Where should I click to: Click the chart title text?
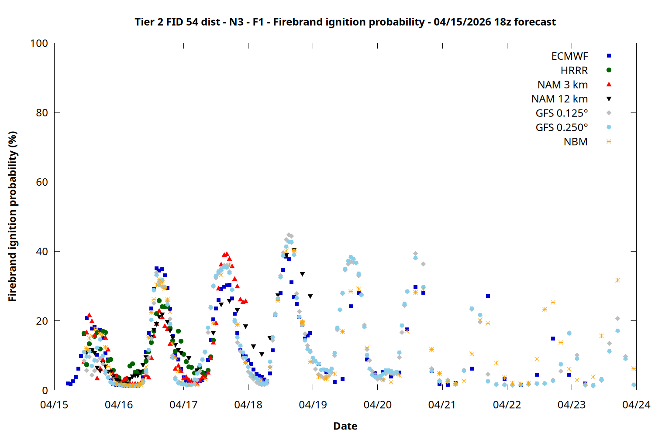click(345, 22)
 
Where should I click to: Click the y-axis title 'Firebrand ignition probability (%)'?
click(13, 216)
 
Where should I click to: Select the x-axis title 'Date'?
click(345, 426)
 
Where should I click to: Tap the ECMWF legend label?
click(569, 56)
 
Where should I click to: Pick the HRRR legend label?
click(574, 71)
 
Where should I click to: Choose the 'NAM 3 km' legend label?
click(562, 85)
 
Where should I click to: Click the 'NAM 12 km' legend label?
click(559, 99)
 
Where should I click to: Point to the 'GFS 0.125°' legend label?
click(562, 113)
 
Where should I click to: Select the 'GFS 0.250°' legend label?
click(562, 128)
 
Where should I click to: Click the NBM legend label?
click(576, 142)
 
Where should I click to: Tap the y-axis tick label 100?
click(39, 43)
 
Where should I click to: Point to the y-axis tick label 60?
click(42, 182)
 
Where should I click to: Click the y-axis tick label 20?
click(42, 321)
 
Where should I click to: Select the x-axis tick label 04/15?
click(54, 405)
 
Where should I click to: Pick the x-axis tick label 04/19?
click(313, 405)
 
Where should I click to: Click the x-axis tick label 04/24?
click(636, 405)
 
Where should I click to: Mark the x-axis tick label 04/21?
click(442, 405)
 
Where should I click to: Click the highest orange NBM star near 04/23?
click(617, 280)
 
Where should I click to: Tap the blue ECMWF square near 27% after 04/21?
click(488, 296)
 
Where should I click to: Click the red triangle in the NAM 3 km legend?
click(609, 85)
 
